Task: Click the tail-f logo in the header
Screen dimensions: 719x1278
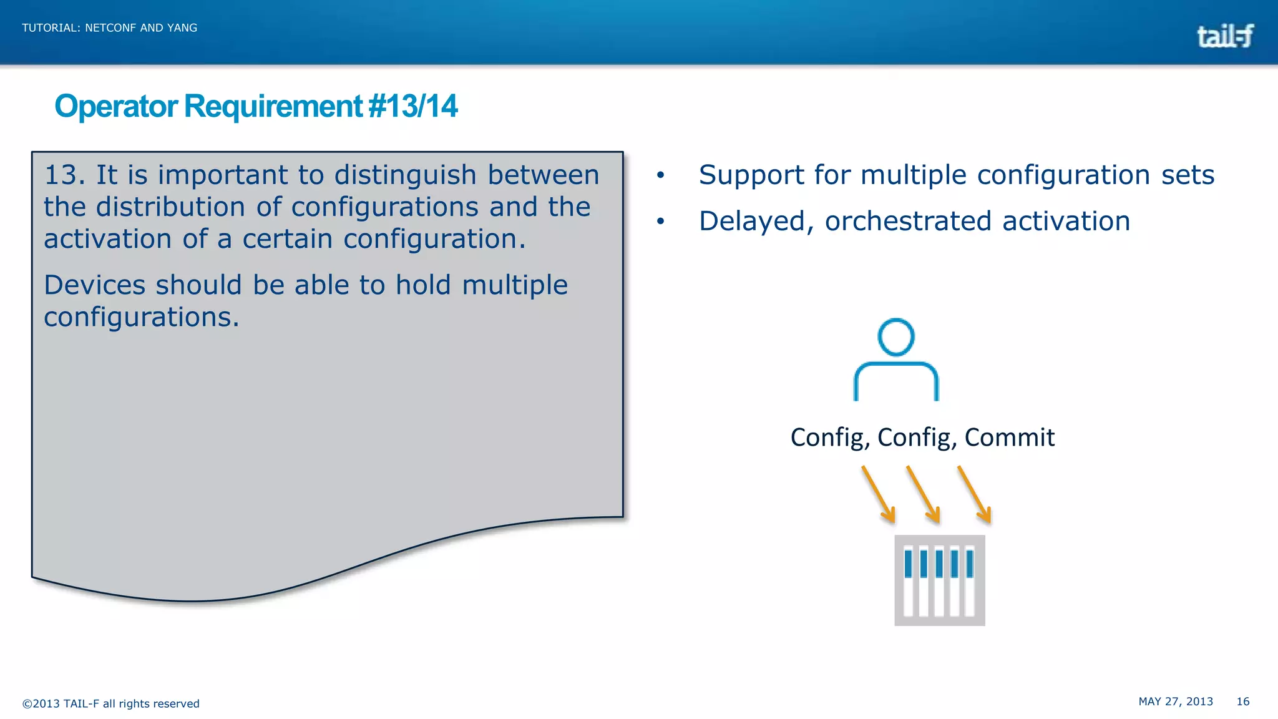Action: click(x=1224, y=36)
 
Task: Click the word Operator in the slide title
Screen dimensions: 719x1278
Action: click(x=116, y=106)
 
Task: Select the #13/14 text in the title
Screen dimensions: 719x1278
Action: click(x=413, y=106)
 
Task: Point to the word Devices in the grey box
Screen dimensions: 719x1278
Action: click(x=94, y=285)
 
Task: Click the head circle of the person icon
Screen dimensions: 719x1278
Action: click(x=895, y=337)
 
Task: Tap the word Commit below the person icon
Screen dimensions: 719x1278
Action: click(x=1009, y=438)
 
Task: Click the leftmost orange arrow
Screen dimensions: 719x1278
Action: click(x=879, y=494)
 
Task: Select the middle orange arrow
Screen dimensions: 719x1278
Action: click(x=923, y=494)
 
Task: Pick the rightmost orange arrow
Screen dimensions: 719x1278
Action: click(x=974, y=494)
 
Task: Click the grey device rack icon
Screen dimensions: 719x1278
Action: click(x=939, y=580)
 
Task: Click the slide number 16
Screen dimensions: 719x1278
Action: click(x=1242, y=702)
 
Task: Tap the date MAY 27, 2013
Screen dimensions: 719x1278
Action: click(x=1175, y=702)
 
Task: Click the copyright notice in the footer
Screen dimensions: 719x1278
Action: click(x=110, y=703)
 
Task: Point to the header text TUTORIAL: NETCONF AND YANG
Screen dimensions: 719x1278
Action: click(x=109, y=28)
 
